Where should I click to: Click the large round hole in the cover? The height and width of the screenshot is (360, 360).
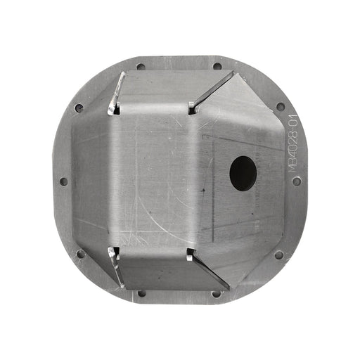(x=243, y=172)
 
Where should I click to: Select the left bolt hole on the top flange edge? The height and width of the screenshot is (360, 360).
(x=141, y=67)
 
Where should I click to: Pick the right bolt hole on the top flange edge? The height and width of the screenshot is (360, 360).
(x=217, y=67)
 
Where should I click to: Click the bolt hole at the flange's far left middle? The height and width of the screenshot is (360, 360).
(x=64, y=181)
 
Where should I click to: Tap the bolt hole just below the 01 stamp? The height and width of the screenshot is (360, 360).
(x=297, y=181)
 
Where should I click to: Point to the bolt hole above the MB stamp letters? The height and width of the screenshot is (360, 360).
(x=281, y=107)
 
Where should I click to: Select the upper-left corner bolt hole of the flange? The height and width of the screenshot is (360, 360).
(x=79, y=108)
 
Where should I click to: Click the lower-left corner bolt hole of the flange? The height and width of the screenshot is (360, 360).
(x=79, y=255)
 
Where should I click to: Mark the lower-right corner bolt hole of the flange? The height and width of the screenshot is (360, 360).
(x=279, y=255)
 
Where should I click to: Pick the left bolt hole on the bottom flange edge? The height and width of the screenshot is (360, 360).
(x=141, y=293)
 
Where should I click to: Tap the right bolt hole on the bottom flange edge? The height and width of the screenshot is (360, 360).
(x=217, y=293)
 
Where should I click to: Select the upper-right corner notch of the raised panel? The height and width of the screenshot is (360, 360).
(x=192, y=108)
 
